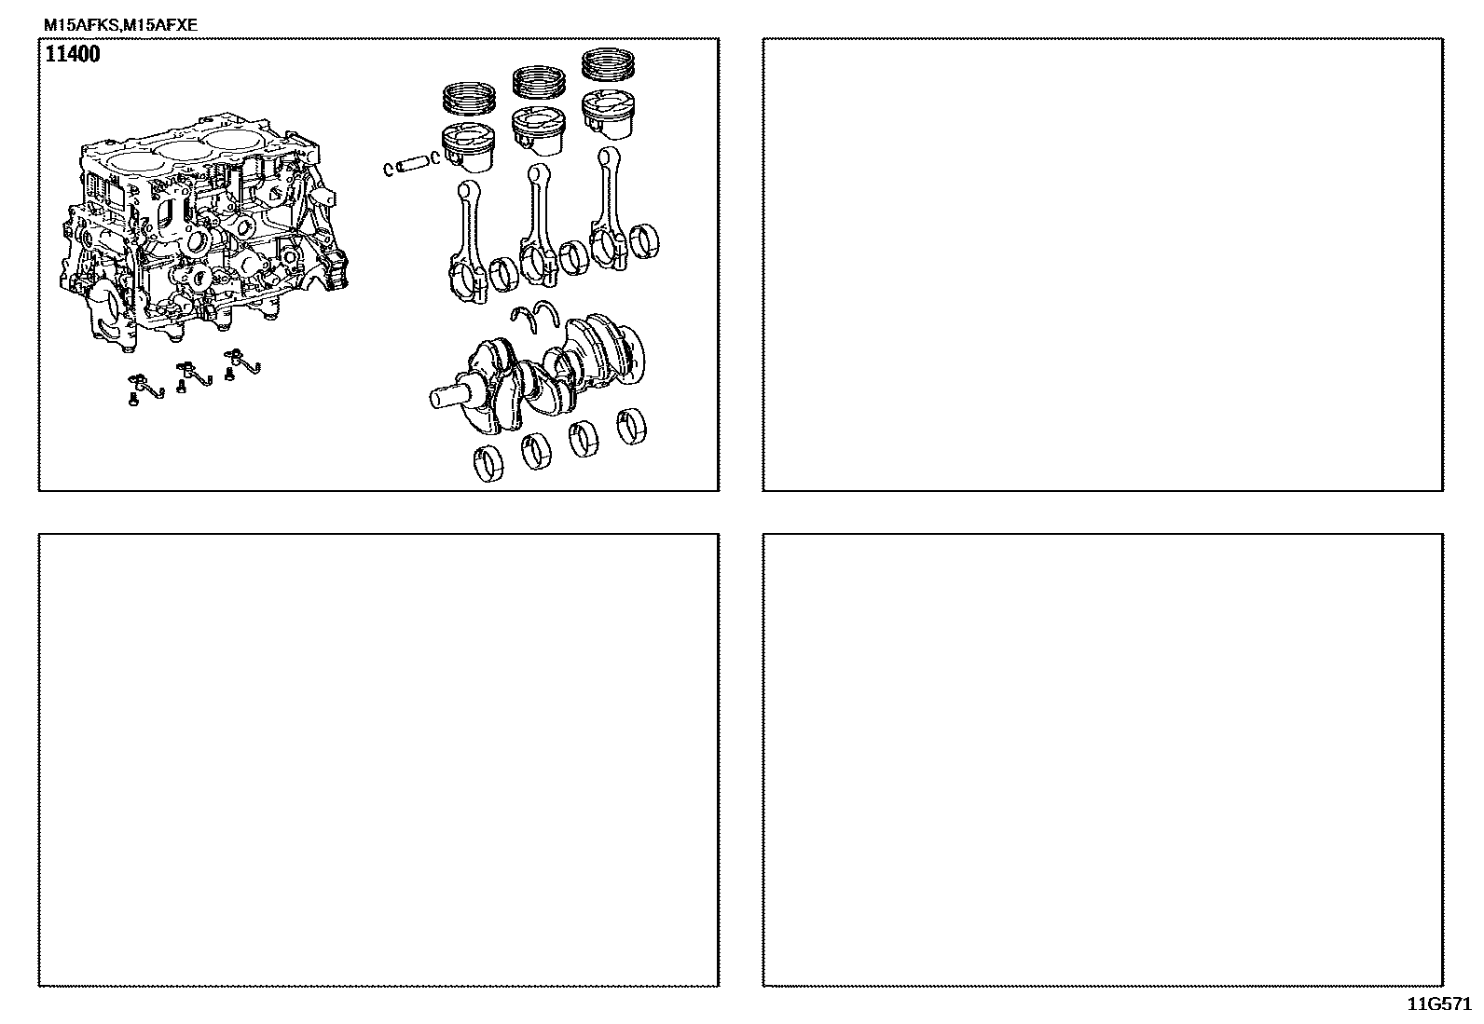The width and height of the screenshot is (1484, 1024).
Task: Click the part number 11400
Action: [72, 54]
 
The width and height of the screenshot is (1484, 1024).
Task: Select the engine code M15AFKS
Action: [81, 25]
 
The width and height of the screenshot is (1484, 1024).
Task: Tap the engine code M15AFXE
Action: [160, 25]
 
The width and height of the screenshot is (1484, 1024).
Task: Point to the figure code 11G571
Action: [1439, 1004]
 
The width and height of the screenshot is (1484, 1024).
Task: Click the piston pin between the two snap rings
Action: [411, 164]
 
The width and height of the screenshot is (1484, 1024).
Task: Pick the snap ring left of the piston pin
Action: [388, 170]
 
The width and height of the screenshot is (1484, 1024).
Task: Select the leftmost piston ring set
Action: [469, 97]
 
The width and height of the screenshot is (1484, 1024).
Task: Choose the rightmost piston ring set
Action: [608, 64]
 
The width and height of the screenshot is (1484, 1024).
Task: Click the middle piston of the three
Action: [539, 130]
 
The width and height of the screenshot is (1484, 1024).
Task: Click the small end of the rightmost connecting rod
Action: [608, 157]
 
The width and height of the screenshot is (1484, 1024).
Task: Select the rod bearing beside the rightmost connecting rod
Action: [644, 241]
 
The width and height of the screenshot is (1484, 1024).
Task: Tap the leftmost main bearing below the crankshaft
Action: [488, 464]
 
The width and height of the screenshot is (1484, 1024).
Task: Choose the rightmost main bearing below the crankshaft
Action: [631, 427]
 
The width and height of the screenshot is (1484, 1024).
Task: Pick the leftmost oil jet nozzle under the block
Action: [144, 387]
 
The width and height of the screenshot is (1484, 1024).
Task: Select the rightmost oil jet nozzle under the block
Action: [241, 362]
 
